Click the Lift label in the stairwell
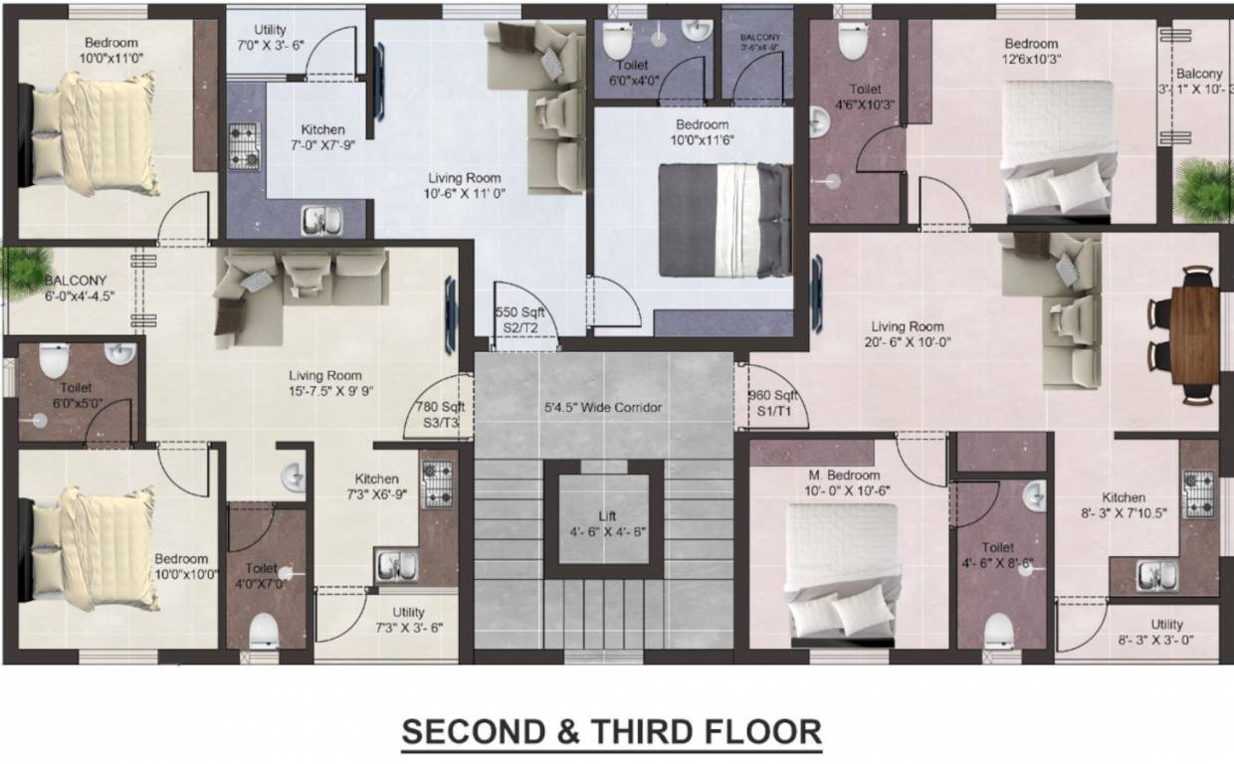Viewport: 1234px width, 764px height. tap(607, 523)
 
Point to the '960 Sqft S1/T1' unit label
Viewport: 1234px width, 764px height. tap(773, 403)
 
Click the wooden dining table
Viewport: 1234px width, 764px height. tap(1194, 334)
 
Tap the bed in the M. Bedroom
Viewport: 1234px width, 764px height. tap(841, 568)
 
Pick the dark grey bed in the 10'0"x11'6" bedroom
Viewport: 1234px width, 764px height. tap(724, 220)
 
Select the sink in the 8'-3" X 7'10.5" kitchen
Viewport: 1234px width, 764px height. tap(1157, 575)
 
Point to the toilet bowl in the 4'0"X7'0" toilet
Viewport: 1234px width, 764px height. tap(264, 630)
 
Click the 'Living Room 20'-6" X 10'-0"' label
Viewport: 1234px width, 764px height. tap(907, 334)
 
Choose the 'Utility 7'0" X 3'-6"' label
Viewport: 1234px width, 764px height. tap(270, 38)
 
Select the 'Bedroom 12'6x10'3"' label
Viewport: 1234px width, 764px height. tap(1030, 51)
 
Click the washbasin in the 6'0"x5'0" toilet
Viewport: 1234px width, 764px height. tap(118, 355)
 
